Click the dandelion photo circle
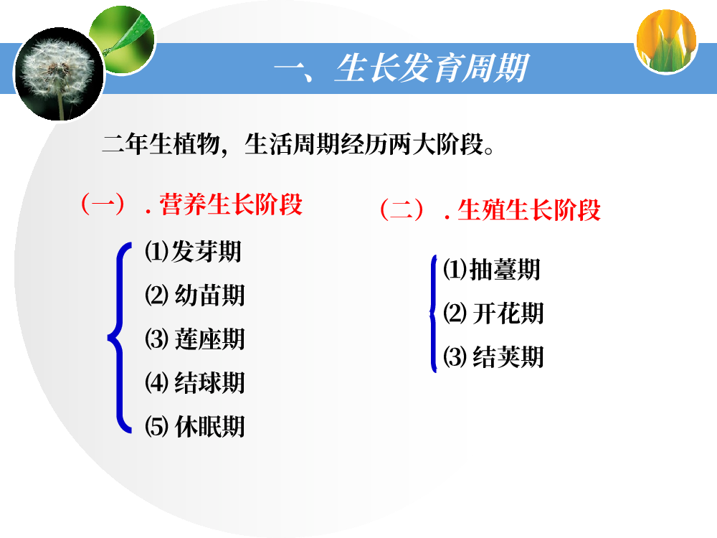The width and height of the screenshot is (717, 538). point(59,75)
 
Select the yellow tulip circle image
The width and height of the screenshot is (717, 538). point(666,41)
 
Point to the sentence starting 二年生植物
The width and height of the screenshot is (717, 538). point(298,144)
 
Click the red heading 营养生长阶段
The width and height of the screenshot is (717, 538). point(231,204)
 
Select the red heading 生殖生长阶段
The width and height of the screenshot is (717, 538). point(529,210)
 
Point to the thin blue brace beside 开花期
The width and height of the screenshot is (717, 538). point(433,314)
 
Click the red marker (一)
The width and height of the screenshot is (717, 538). point(103,204)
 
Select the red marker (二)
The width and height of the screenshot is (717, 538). point(402,210)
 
